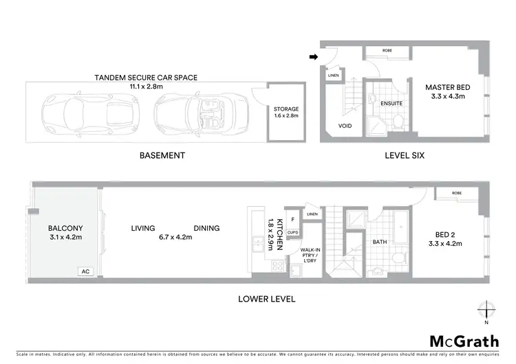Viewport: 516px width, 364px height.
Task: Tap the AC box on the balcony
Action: pyautogui.click(x=86, y=271)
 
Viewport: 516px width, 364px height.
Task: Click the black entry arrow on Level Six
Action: pyautogui.click(x=314, y=58)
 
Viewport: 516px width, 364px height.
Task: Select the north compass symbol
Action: pyautogui.click(x=486, y=310)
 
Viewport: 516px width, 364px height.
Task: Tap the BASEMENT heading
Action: pyautogui.click(x=162, y=155)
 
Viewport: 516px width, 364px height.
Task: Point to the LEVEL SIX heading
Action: pyautogui.click(x=404, y=155)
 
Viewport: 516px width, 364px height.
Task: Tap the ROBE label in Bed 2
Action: pyautogui.click(x=458, y=194)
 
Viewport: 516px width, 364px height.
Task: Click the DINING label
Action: pyautogui.click(x=206, y=228)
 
